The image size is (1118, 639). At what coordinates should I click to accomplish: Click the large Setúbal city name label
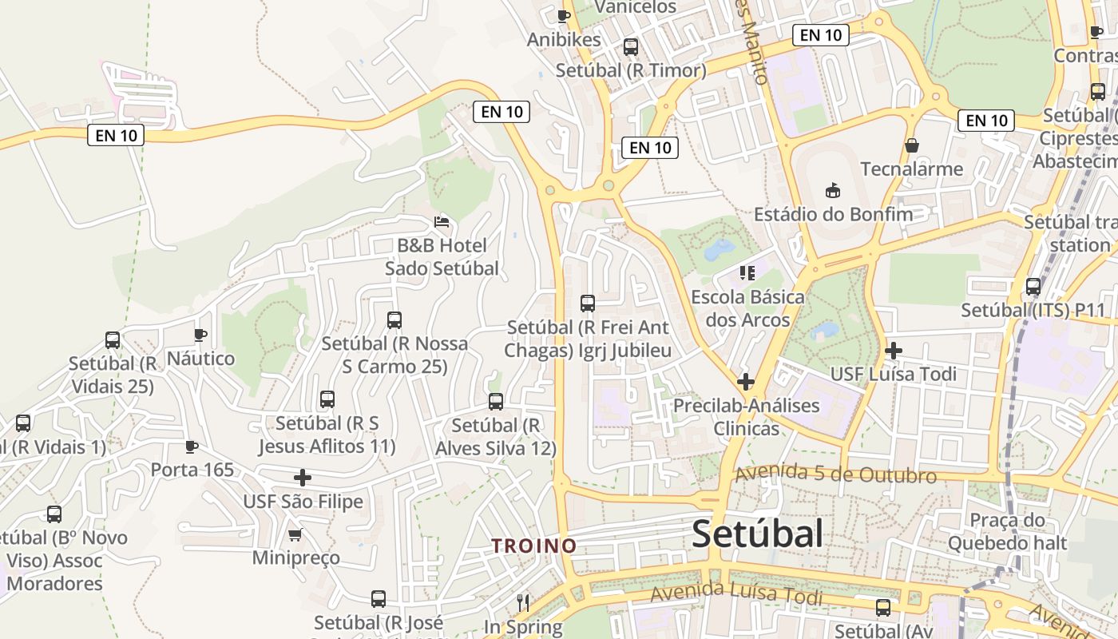(x=757, y=533)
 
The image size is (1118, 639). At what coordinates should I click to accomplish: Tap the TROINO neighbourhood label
(x=533, y=546)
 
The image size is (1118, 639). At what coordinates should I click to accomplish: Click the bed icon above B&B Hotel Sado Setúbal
(x=442, y=221)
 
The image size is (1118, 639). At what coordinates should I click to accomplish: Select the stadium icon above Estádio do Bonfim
(x=833, y=190)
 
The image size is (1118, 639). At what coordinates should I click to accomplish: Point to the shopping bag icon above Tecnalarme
(x=911, y=145)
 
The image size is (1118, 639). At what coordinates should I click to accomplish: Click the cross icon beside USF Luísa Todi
(x=894, y=350)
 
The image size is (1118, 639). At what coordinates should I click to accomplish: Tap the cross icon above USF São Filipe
(x=302, y=478)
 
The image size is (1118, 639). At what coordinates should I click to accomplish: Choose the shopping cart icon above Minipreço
(x=295, y=534)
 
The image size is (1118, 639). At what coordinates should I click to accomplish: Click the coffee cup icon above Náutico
(x=200, y=335)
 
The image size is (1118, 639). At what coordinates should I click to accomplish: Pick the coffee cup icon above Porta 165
(x=192, y=446)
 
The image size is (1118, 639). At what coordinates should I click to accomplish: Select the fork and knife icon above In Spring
(x=523, y=601)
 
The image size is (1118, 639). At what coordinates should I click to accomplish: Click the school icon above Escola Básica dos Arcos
(x=747, y=273)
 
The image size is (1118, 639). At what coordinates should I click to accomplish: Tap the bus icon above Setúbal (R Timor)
(x=631, y=47)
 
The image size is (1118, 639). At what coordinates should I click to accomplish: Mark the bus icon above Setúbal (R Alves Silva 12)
(x=496, y=402)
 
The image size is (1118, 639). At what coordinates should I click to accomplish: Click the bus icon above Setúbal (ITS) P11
(x=1033, y=287)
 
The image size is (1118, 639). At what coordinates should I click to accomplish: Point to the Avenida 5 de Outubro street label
(x=835, y=474)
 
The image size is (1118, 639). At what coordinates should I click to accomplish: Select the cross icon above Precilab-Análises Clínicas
(x=746, y=382)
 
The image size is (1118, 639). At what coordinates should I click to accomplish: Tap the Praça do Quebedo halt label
(x=1008, y=532)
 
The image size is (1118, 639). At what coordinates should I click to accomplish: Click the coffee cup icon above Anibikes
(x=564, y=16)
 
